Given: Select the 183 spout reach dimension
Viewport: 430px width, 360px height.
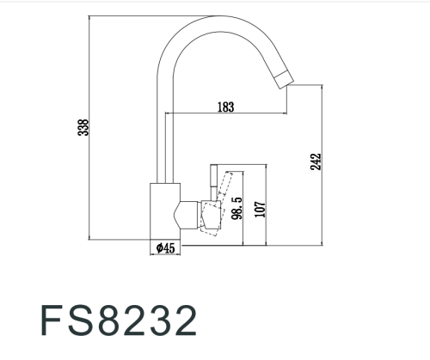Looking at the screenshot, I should click(x=225, y=107).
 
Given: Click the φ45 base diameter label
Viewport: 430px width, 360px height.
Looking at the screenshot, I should click(x=165, y=247).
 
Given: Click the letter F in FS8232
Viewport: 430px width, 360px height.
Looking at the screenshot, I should click(x=53, y=320).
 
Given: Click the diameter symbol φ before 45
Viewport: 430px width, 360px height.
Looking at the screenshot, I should click(x=159, y=247).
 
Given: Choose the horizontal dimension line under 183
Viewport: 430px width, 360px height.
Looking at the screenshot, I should click(x=228, y=114).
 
